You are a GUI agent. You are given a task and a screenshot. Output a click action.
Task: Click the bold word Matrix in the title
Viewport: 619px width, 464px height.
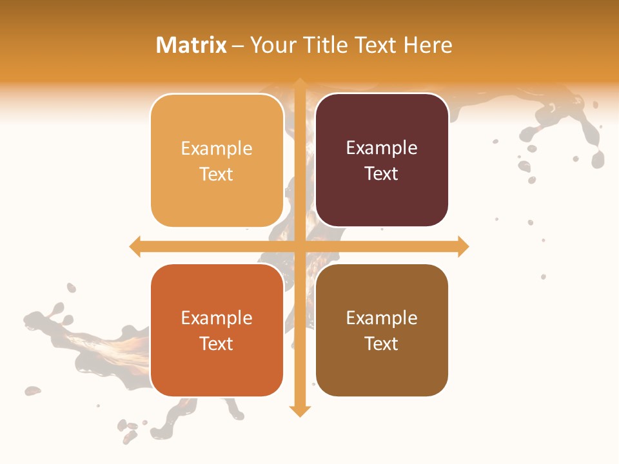point(192,45)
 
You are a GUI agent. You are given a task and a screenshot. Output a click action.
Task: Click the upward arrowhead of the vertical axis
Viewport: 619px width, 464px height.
point(300,84)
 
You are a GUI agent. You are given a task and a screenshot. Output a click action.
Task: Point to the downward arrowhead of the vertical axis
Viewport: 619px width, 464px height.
point(300,411)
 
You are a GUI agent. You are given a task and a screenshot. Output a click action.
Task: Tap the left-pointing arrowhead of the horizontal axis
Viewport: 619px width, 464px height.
point(135,246)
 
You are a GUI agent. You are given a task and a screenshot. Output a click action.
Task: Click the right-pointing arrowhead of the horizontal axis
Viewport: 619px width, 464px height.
point(463,246)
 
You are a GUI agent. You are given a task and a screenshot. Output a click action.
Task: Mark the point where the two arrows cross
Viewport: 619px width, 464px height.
point(300,246)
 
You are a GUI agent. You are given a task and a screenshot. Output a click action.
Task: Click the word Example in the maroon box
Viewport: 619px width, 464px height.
point(382,148)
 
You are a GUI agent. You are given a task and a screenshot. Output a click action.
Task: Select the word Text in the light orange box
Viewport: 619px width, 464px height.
point(217,174)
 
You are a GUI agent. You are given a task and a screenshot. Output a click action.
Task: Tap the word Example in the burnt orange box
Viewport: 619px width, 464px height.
point(217,318)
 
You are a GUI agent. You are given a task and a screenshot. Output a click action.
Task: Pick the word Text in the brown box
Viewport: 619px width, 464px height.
point(382,343)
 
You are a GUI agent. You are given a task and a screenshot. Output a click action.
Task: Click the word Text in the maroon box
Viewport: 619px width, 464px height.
point(382,173)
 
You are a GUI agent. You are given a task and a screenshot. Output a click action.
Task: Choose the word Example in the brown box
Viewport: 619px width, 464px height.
point(382,318)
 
